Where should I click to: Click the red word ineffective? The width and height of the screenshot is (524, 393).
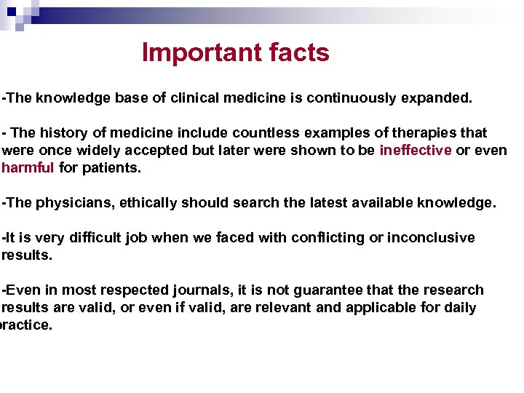coord(416,151)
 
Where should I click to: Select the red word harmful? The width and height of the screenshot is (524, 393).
coord(28,168)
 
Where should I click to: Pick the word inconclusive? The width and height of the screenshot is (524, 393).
coord(431,238)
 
